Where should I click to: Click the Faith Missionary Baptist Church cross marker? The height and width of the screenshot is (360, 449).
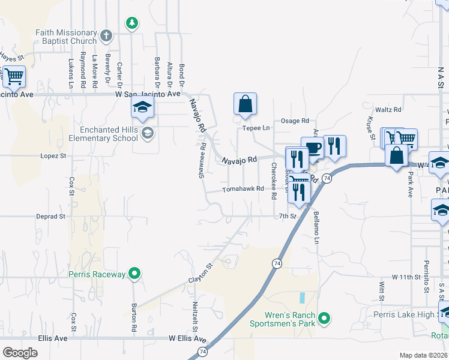106,35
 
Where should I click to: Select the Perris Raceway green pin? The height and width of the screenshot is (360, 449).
135,274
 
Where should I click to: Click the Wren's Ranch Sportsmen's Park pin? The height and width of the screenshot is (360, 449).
324,317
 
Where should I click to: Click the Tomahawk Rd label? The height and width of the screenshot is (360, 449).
243,189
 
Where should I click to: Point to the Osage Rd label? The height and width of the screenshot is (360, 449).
295,121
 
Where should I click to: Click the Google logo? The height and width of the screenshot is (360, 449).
20,352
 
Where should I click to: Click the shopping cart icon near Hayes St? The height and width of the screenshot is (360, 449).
14,77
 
